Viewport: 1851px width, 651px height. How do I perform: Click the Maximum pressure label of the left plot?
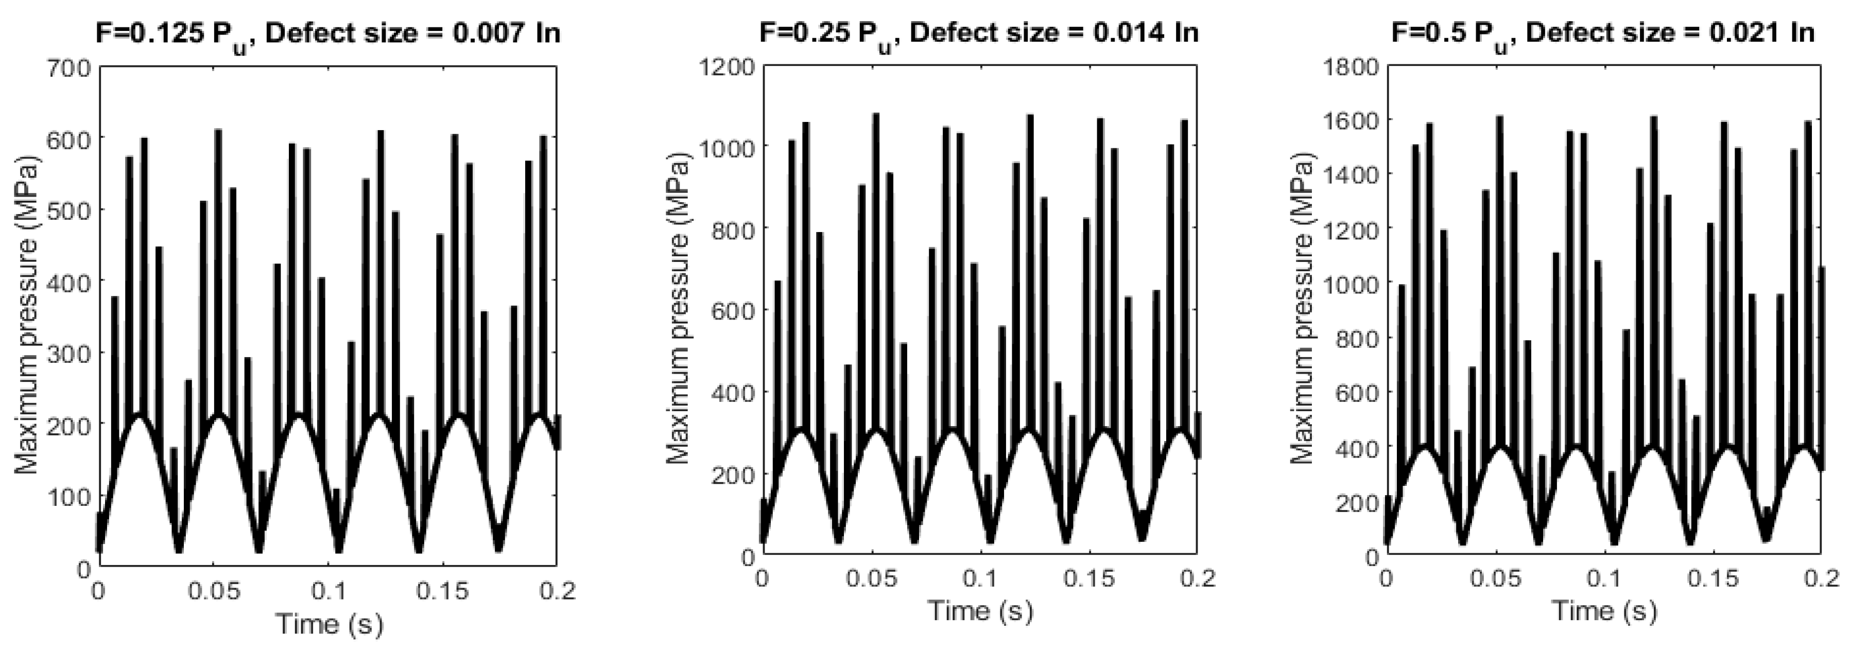(x=27, y=316)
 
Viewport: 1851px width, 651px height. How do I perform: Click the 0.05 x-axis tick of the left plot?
(x=213, y=591)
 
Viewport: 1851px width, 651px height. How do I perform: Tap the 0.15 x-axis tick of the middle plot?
(x=1089, y=578)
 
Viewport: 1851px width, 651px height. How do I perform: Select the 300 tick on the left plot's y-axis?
(x=69, y=354)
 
